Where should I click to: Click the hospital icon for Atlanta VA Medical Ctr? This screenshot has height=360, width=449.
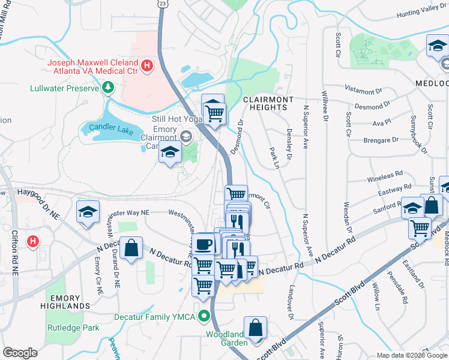point(146,63)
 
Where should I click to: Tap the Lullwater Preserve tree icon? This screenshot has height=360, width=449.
point(108,88)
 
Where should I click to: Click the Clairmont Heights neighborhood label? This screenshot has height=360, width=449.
point(268,103)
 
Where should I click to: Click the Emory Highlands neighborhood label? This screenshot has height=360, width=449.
point(70,302)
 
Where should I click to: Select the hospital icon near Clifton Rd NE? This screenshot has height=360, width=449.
point(34,242)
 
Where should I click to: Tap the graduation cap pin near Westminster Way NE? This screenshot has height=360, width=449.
point(88,212)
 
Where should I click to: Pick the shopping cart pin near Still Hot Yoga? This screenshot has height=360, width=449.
point(214,112)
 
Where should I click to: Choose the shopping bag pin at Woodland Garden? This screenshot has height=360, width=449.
point(256,328)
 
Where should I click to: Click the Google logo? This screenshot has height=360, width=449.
point(20,352)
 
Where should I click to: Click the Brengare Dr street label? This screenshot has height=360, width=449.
point(381,140)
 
